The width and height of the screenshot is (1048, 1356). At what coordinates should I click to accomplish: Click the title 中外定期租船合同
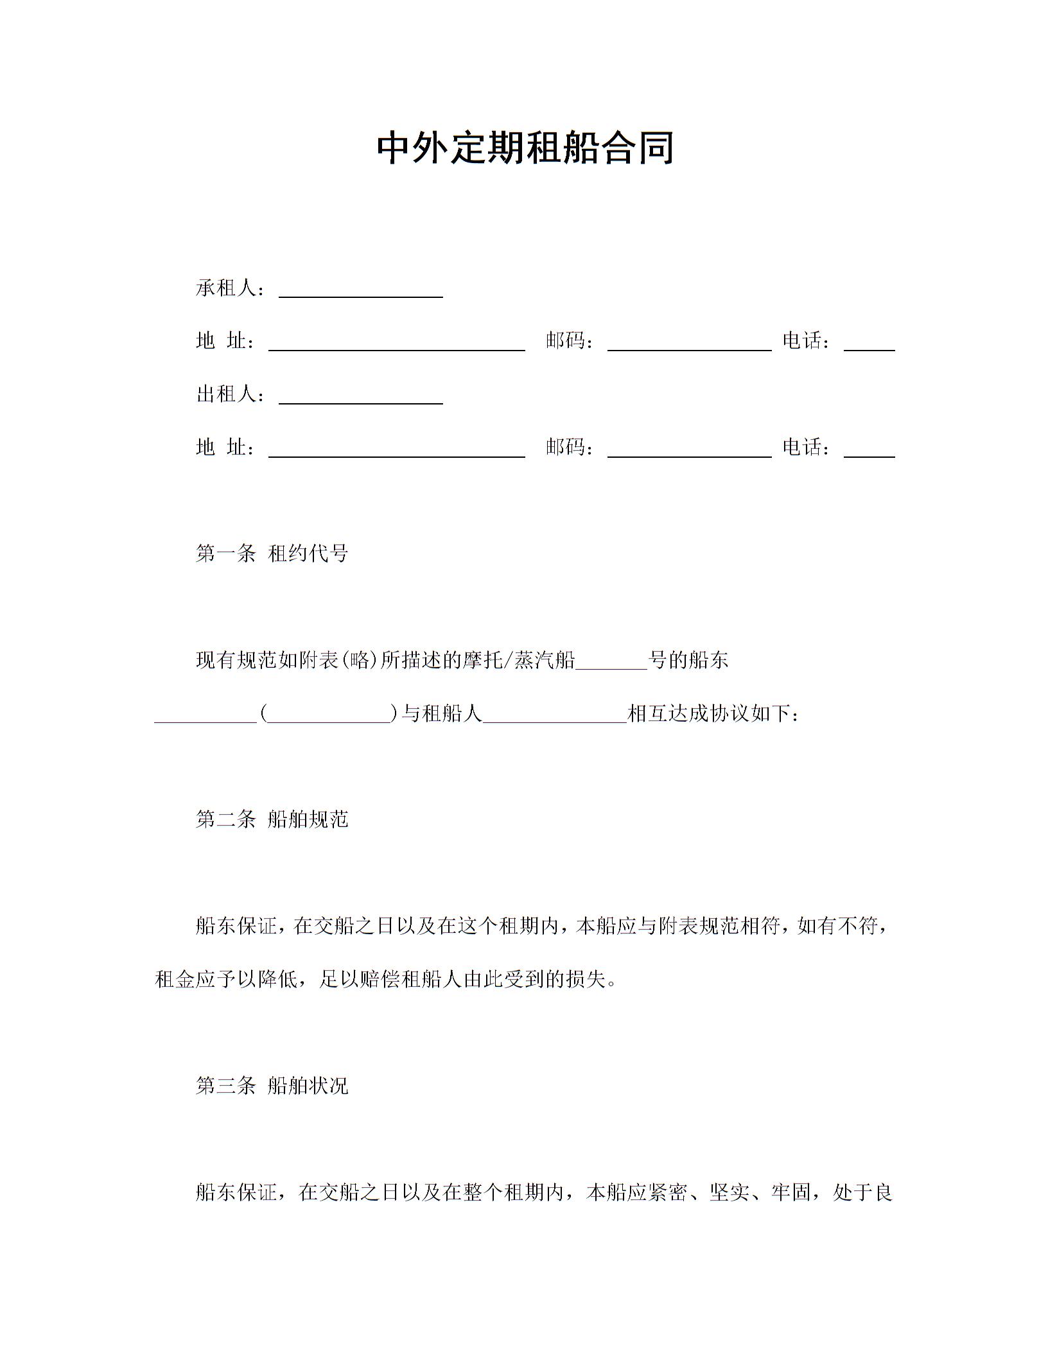524,148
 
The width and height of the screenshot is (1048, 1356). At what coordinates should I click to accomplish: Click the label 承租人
226,288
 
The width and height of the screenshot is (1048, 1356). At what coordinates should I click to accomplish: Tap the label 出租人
226,394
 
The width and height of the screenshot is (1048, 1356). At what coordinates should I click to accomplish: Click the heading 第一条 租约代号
272,553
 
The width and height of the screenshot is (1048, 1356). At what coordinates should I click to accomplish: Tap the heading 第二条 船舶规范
272,819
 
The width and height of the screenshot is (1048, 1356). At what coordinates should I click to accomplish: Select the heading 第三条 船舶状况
272,1086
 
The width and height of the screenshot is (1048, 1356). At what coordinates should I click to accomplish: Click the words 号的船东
688,660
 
